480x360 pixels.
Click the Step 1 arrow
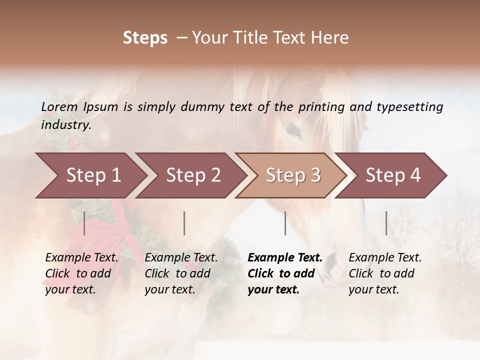(90, 175)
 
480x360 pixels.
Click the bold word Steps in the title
(145, 38)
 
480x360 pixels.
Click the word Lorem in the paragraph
(59, 106)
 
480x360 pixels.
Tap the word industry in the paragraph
(65, 125)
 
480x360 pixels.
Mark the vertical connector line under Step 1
(84, 223)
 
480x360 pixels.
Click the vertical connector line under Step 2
(184, 223)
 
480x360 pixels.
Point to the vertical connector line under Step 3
(285, 223)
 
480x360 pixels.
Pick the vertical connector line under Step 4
(386, 223)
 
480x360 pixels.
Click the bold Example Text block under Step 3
(284, 273)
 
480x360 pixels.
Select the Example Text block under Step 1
(81, 273)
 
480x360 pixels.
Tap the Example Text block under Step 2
(180, 273)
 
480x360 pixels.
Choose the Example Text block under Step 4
(384, 273)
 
